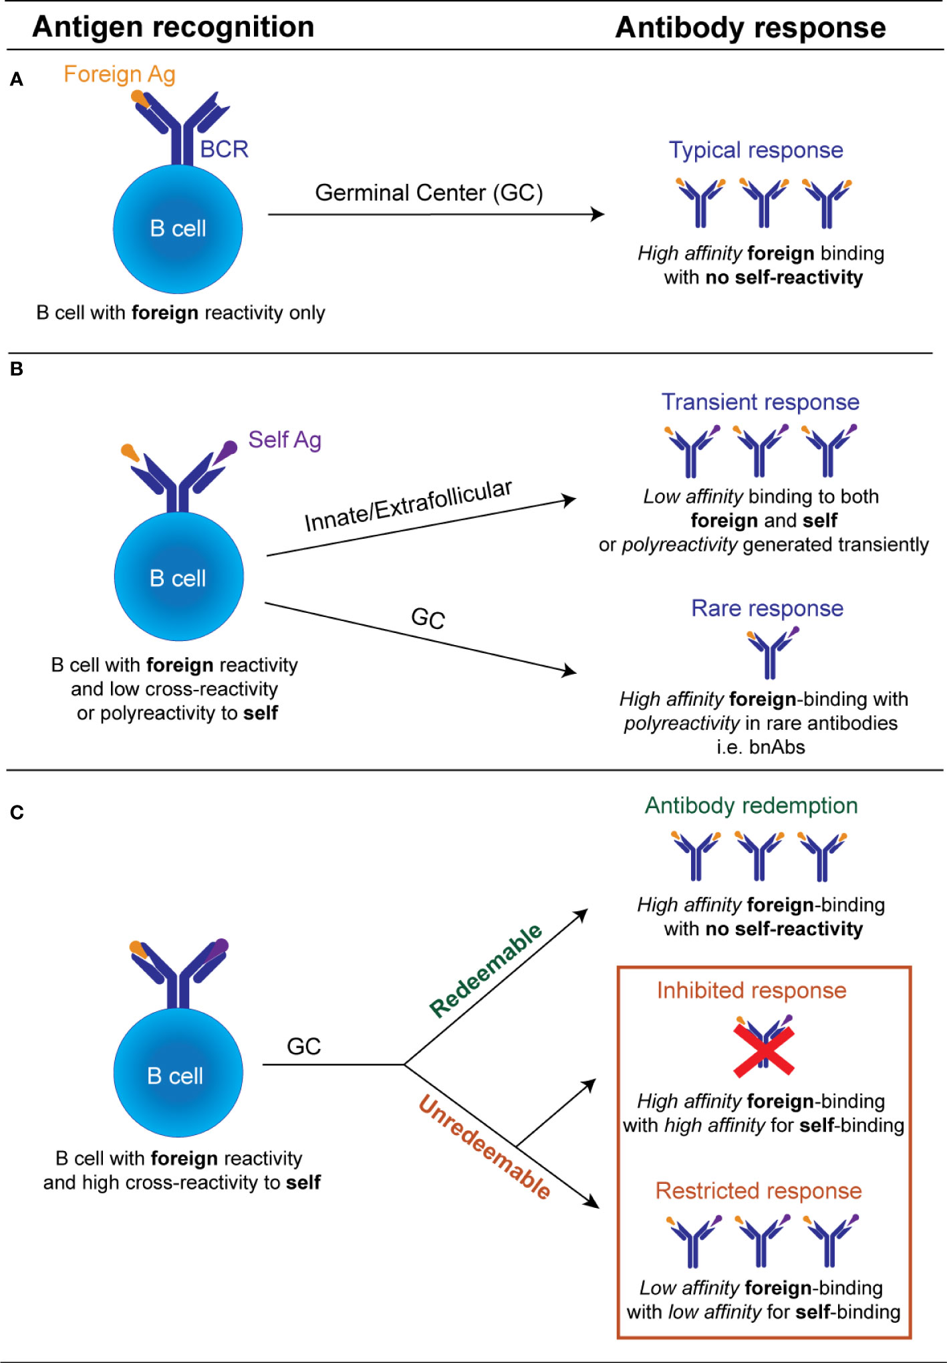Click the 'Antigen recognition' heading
(x=173, y=27)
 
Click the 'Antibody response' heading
(x=750, y=28)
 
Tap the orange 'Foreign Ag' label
(x=119, y=74)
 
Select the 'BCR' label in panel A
(x=224, y=149)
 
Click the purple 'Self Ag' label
(x=285, y=440)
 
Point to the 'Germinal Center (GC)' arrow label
(x=428, y=193)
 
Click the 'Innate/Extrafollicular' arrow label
(x=408, y=505)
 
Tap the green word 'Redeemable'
(x=486, y=970)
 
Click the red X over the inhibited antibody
(x=763, y=1051)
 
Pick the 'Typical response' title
(x=756, y=150)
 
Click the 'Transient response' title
(x=760, y=402)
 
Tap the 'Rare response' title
(x=767, y=608)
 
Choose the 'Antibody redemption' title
(x=751, y=806)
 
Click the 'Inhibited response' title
(x=751, y=990)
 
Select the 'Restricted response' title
(x=758, y=1191)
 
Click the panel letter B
(x=17, y=369)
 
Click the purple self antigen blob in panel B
(x=228, y=449)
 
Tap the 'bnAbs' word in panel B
(x=777, y=747)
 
